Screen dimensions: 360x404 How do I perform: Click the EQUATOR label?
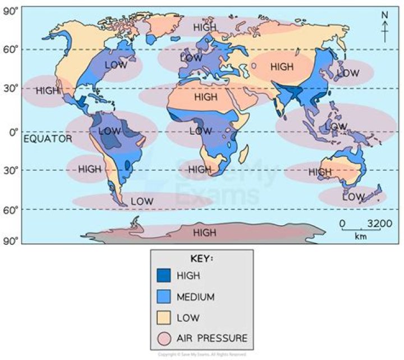coord(48,139)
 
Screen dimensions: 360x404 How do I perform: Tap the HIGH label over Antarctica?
coord(204,232)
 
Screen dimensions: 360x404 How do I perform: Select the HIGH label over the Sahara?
coord(205,97)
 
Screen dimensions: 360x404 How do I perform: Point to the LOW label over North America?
coord(116,65)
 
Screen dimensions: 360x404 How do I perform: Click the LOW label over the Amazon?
coord(109,131)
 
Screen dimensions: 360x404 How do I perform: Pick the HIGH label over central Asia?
coord(282,67)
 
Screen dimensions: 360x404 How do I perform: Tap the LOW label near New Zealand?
coord(353,197)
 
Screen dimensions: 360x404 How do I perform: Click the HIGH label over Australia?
coord(320,172)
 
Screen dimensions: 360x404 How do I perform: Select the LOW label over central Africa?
coord(200,131)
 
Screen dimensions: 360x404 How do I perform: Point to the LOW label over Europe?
coord(191,58)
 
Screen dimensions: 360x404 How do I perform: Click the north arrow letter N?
coord(385,15)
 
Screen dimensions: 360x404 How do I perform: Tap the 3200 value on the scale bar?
coord(380,224)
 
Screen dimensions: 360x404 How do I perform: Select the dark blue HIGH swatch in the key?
coord(163,276)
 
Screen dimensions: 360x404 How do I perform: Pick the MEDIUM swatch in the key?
coord(163,297)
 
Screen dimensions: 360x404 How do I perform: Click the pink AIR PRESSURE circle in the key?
coord(163,338)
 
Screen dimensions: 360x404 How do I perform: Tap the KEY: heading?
coord(201,259)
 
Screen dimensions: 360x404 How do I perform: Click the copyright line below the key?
coord(201,354)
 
